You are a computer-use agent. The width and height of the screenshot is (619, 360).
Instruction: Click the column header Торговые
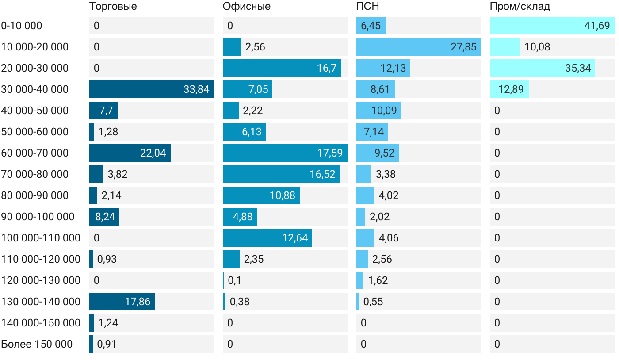(113, 7)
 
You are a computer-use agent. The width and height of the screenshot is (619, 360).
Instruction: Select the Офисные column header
(247, 7)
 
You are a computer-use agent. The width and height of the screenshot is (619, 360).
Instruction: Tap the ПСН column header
(367, 7)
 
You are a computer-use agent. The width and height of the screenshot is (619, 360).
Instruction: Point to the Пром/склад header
(520, 7)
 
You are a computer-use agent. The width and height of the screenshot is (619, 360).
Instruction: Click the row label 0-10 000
(22, 26)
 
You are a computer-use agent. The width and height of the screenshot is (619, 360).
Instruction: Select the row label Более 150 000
(37, 344)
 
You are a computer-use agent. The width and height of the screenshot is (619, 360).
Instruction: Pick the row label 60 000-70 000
(35, 153)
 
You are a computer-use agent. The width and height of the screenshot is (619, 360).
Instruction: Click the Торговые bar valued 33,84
(152, 89)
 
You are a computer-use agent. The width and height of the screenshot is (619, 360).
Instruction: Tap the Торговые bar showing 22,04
(130, 153)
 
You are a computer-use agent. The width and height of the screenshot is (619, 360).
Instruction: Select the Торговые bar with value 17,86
(122, 302)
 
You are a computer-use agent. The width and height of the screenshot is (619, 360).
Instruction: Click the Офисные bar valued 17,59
(285, 153)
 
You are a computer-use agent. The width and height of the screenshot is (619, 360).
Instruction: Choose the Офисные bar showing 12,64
(267, 238)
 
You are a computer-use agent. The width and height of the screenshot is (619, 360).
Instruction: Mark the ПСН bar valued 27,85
(419, 47)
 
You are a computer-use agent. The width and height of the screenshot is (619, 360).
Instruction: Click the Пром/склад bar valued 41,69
(552, 26)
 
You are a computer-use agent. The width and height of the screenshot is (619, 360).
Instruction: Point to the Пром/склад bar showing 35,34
(543, 68)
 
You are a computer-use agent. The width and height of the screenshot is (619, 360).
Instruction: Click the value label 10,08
(537, 47)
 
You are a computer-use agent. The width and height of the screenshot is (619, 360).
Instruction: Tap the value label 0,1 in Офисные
(234, 280)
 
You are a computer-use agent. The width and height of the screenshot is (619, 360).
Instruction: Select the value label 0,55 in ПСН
(373, 302)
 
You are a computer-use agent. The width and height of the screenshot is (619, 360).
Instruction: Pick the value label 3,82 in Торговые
(118, 174)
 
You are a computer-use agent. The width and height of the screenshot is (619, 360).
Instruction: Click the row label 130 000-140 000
(41, 302)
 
